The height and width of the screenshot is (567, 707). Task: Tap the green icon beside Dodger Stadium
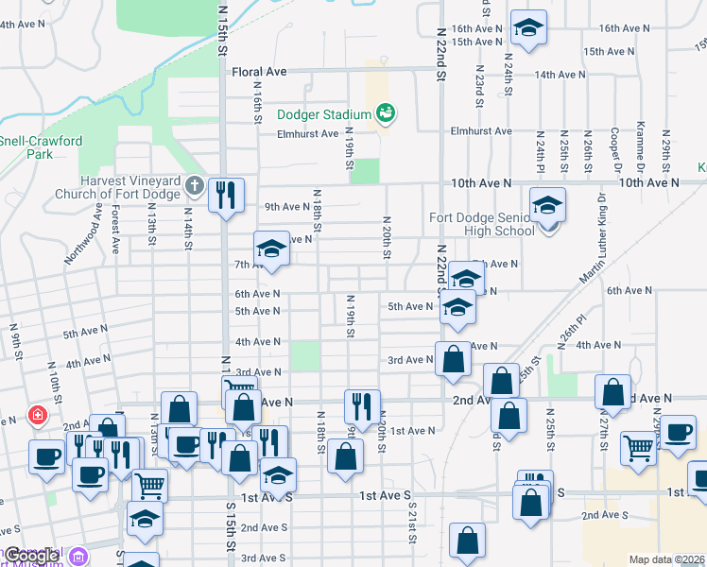click(386, 114)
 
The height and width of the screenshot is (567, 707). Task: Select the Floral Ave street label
click(259, 71)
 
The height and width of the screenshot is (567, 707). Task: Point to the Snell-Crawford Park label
click(41, 146)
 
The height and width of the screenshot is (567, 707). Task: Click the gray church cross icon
click(195, 183)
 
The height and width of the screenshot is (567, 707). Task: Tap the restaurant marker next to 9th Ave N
click(226, 195)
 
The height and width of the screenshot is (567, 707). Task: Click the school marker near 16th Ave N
click(528, 27)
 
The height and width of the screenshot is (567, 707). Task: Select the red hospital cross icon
click(37, 414)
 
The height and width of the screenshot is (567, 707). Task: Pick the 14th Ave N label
click(618, 75)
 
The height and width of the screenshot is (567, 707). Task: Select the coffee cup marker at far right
click(678, 432)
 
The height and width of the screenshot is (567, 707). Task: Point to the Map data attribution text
click(667, 559)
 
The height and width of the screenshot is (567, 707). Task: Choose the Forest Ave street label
click(114, 233)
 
